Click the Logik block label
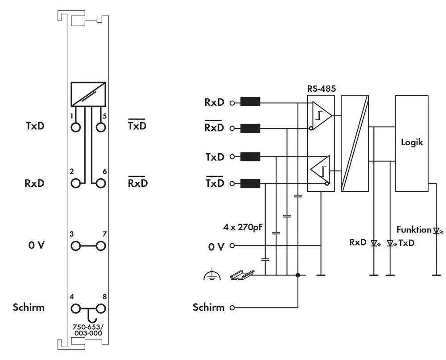[x=412, y=143]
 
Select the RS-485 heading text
[x=321, y=88]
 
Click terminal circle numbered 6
[x=101, y=183]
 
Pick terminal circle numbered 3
[x=76, y=245]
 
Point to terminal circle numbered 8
[x=101, y=308]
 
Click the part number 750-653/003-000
[x=87, y=330]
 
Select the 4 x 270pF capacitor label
[x=242, y=227]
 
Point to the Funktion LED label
[x=414, y=230]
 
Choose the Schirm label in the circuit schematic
[x=208, y=307]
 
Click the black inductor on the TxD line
[x=250, y=157]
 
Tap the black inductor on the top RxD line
[x=250, y=102]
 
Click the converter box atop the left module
[x=88, y=94]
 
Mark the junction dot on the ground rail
[x=298, y=275]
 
